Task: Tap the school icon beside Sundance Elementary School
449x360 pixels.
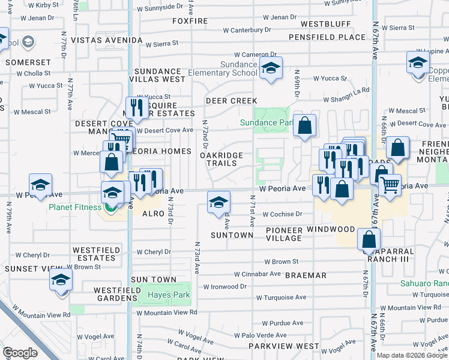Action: tap(271, 70)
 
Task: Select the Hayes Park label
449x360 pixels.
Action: tap(169, 295)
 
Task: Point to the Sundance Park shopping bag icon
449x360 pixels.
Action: tap(305, 127)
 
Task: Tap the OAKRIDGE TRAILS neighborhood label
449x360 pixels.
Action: tap(221, 159)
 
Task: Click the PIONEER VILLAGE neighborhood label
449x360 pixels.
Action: tap(284, 234)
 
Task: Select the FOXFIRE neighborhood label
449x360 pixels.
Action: tap(190, 21)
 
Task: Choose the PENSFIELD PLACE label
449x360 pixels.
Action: tap(327, 37)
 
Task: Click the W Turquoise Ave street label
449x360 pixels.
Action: tap(281, 297)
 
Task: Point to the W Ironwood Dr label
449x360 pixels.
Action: tap(225, 287)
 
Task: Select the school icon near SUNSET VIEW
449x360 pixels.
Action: tap(60, 280)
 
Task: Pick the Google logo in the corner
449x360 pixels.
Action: tap(19, 353)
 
